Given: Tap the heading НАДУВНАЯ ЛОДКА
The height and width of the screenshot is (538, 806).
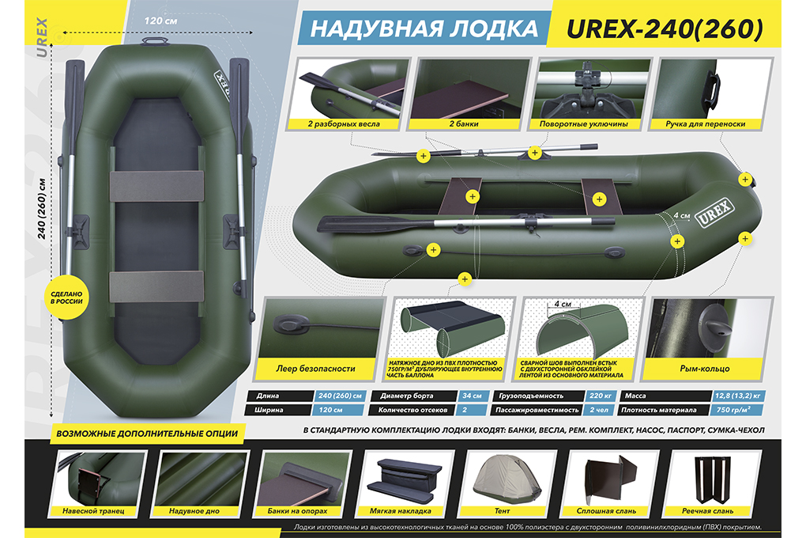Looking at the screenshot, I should click(x=424, y=28).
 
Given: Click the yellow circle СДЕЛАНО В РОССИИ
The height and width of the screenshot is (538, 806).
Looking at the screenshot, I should click(x=66, y=299).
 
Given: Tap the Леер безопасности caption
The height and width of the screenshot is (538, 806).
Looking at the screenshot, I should click(x=315, y=369).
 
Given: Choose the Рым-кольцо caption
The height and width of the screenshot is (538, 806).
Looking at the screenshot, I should click(x=705, y=369).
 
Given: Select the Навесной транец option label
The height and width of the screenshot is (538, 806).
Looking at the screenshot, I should click(x=93, y=511).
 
